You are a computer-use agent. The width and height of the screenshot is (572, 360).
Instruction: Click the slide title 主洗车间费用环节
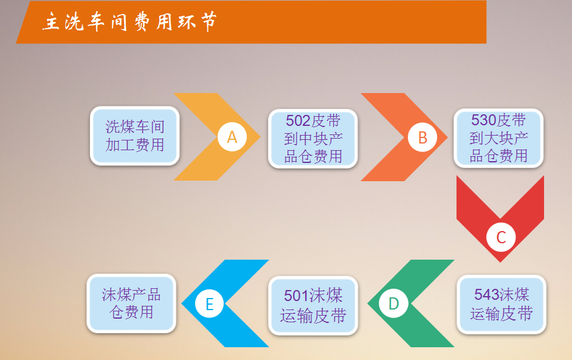129,21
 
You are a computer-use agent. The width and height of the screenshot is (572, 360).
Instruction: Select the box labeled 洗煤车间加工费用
134,136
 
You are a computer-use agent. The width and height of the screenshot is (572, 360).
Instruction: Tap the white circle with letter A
232,137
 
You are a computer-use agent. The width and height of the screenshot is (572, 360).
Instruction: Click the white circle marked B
422,137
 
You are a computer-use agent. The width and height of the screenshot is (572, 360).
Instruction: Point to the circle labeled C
501,237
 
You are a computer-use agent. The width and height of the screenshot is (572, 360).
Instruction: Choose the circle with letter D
394,303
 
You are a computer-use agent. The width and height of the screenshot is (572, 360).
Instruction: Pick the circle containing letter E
209,303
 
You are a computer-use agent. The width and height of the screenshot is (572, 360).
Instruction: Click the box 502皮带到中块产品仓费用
313,139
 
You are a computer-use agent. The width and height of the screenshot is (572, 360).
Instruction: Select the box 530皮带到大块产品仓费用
498,138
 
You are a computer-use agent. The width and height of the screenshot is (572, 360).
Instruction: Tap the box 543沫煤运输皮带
501,305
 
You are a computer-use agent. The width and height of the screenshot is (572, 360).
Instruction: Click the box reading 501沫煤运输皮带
313,306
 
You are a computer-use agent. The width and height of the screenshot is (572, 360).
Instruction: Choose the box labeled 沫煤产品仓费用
131,303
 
